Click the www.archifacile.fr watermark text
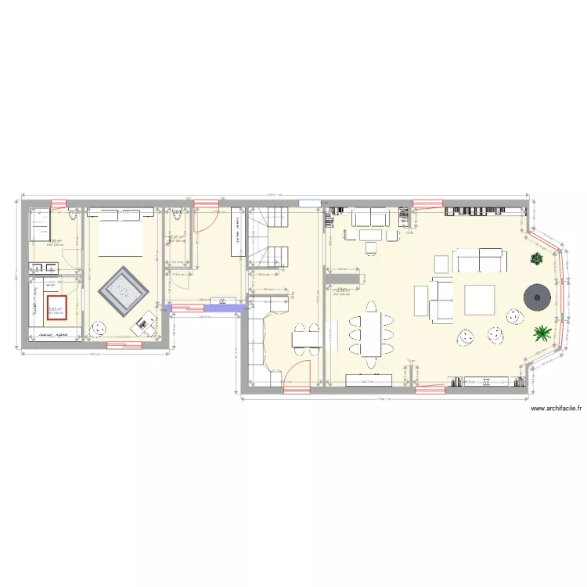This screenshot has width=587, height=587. coord(557,408)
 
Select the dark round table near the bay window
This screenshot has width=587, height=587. coord(536,295)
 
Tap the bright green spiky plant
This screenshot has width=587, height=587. coord(541,334)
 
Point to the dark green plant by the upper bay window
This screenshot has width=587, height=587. coord(536,259)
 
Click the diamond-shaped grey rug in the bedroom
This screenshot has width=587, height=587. coord(124,291)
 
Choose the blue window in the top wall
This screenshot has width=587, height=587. coord(310,203)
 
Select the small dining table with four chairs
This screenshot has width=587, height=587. coord(306,337)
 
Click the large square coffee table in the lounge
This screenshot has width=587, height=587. coord(479,300)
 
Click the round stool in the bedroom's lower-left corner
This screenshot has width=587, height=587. coord(98,329)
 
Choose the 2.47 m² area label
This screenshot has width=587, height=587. coord(176,236)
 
